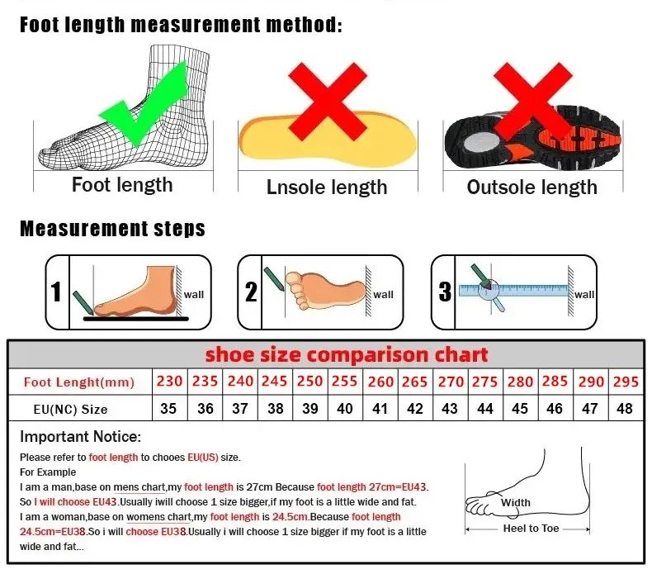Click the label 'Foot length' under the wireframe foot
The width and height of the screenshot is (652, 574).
click(122, 184)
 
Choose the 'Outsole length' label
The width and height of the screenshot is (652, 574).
click(532, 187)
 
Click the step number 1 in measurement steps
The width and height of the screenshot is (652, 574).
click(56, 292)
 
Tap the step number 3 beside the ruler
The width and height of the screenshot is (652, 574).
click(445, 292)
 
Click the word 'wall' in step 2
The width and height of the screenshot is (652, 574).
click(384, 295)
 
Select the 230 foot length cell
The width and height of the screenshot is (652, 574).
click(169, 382)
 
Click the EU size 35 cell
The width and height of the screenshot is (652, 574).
click(169, 409)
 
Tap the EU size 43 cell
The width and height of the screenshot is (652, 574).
click(450, 409)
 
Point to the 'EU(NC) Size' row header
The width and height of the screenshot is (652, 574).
click(70, 409)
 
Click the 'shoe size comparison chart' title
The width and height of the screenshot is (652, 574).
click(347, 355)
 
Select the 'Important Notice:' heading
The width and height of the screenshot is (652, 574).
click(81, 437)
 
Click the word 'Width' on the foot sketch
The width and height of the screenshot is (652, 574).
click(516, 502)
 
